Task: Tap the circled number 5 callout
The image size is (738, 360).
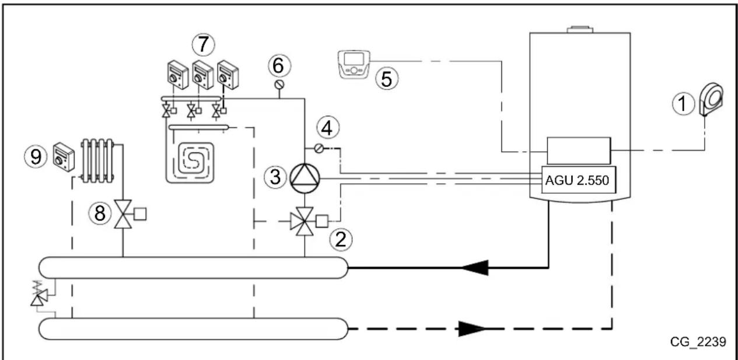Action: click(x=386, y=79)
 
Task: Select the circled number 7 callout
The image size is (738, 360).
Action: click(x=203, y=44)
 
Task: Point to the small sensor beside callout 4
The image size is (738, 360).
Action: click(x=319, y=149)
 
